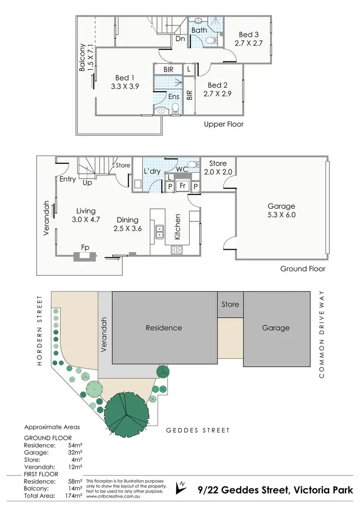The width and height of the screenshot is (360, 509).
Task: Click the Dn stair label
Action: pyautogui.click(x=180, y=38)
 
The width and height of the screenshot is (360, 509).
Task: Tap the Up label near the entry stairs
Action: pyautogui.click(x=88, y=183)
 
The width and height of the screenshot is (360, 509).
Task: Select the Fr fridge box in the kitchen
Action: pyautogui.click(x=182, y=185)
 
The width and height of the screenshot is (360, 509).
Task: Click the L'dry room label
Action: pyautogui.click(x=153, y=171)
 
